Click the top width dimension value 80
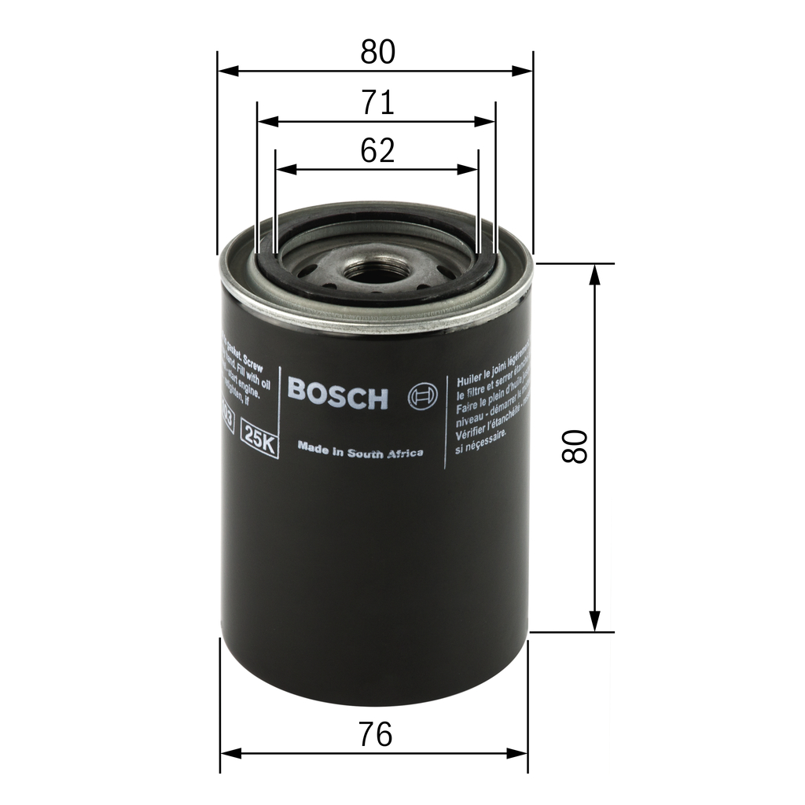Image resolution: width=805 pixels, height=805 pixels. (377, 52)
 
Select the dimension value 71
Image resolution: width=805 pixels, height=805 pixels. (377, 103)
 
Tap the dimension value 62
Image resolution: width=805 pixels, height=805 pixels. (377, 150)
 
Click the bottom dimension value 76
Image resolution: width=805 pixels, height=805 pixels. (376, 734)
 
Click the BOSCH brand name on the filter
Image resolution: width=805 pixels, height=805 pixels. (338, 394)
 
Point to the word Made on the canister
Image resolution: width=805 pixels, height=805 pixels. (311, 447)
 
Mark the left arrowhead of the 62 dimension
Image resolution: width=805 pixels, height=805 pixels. (284, 169)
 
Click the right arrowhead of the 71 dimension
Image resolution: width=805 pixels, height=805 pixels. (486, 122)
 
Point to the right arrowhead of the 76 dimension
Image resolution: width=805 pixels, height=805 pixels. (518, 753)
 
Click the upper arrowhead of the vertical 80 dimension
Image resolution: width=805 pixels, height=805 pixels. (595, 274)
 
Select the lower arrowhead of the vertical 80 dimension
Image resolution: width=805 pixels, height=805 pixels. (595, 621)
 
